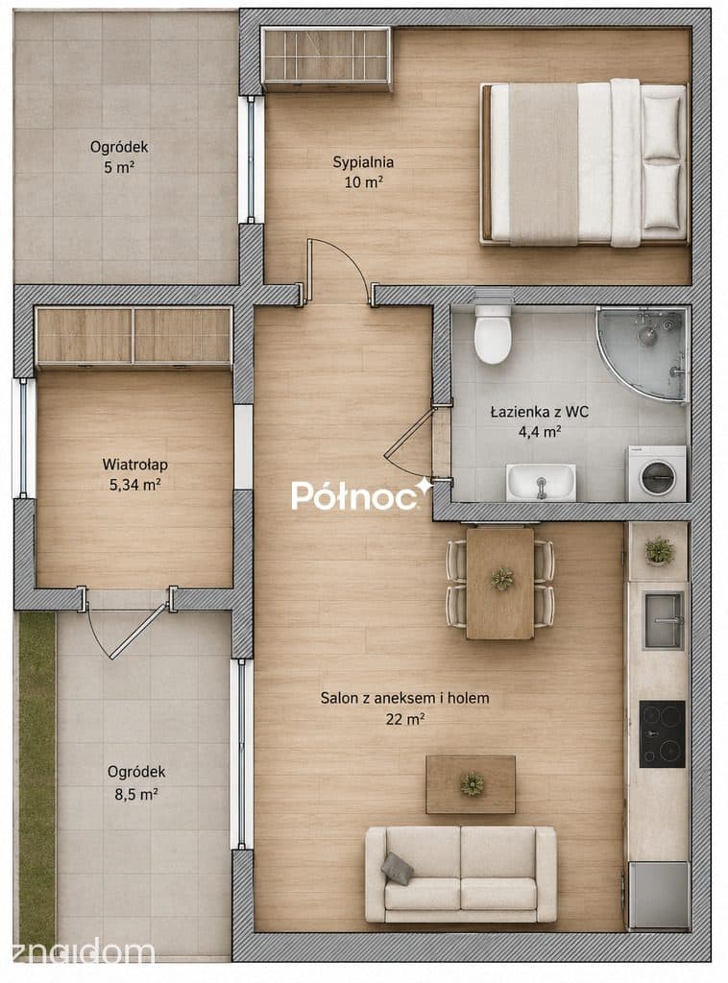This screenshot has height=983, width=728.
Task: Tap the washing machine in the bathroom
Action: point(657,474)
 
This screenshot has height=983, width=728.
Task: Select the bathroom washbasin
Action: point(541,483)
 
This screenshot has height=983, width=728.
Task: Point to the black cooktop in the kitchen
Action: point(662,734)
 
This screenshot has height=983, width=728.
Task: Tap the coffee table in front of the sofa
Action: point(471,784)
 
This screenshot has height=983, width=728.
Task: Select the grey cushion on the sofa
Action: point(397,868)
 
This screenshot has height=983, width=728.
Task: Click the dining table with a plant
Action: point(500,583)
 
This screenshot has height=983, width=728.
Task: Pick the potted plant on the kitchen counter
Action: point(659,551)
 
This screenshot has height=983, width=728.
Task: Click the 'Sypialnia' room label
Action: point(363,162)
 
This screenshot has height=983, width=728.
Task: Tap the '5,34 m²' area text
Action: point(134,485)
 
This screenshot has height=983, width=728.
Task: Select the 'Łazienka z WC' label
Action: point(539,412)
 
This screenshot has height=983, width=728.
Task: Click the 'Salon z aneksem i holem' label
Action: point(404,698)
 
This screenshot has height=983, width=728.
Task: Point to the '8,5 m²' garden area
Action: point(136,794)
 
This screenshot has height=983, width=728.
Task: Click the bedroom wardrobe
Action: point(327,57)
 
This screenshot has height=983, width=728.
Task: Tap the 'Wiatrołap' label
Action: point(134,465)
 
